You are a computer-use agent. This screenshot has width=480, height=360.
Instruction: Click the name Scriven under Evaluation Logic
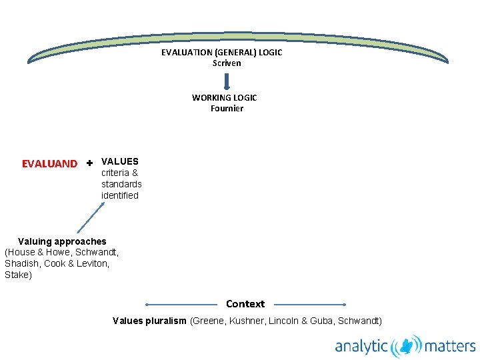pyautogui.click(x=227, y=63)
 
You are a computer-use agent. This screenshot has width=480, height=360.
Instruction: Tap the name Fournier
pyautogui.click(x=227, y=109)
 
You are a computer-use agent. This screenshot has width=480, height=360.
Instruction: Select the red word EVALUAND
pyautogui.click(x=49, y=164)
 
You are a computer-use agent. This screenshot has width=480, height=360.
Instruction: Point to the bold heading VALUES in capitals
pyautogui.click(x=120, y=161)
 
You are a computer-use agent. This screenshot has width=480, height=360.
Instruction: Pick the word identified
pyautogui.click(x=120, y=195)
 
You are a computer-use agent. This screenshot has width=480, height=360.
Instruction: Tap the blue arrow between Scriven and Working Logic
pyautogui.click(x=227, y=81)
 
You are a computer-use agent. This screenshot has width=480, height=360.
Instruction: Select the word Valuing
pyautogui.click(x=36, y=241)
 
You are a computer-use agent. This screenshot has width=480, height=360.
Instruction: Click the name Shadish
pyautogui.click(x=21, y=263)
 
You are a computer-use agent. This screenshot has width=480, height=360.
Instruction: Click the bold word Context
pyautogui.click(x=245, y=304)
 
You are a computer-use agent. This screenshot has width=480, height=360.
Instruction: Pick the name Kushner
pyautogui.click(x=248, y=321)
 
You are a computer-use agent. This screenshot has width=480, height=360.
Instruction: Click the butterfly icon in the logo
pyautogui.click(x=406, y=347)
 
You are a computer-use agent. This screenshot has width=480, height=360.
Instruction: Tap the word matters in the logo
pyautogui.click(x=450, y=347)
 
